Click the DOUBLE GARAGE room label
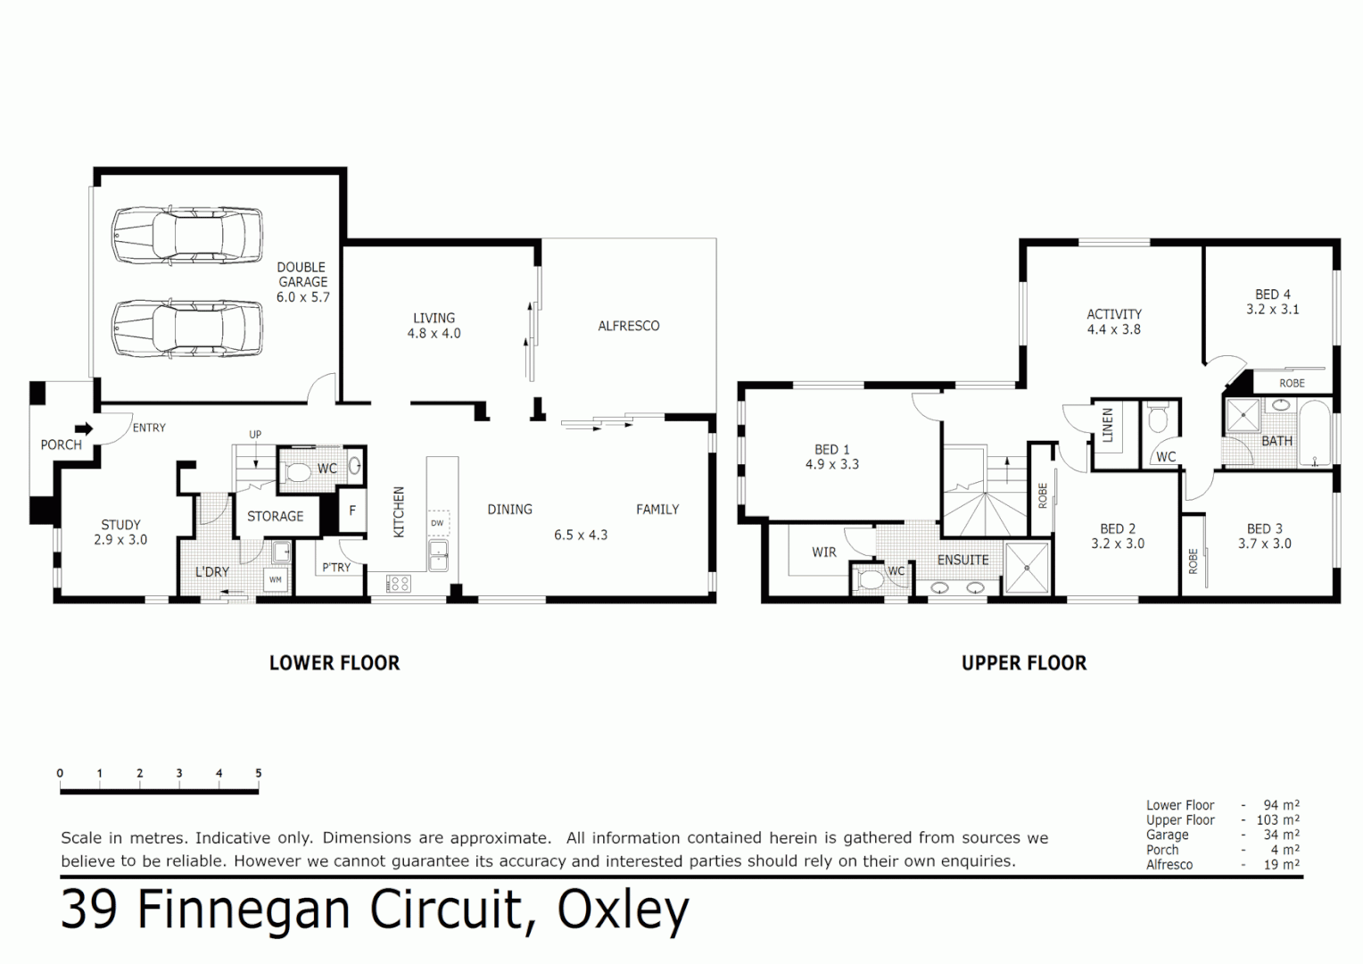point(302,281)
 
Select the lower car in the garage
point(187,328)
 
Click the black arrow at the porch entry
point(84,429)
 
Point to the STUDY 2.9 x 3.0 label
point(120,532)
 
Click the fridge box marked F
point(352,511)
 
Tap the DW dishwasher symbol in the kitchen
point(437,523)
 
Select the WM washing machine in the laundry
point(276,580)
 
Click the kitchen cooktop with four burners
point(398,584)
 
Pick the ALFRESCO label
point(628,326)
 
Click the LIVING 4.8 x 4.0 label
point(434,325)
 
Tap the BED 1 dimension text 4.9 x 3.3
point(831,464)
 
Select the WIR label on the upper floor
point(824,553)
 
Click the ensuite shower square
point(1028,567)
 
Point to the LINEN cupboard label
point(1108,425)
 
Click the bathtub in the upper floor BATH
point(1315,433)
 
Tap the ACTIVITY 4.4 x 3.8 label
point(1113,321)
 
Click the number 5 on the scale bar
point(259,773)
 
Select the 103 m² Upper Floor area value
point(1280,819)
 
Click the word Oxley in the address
point(623,910)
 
